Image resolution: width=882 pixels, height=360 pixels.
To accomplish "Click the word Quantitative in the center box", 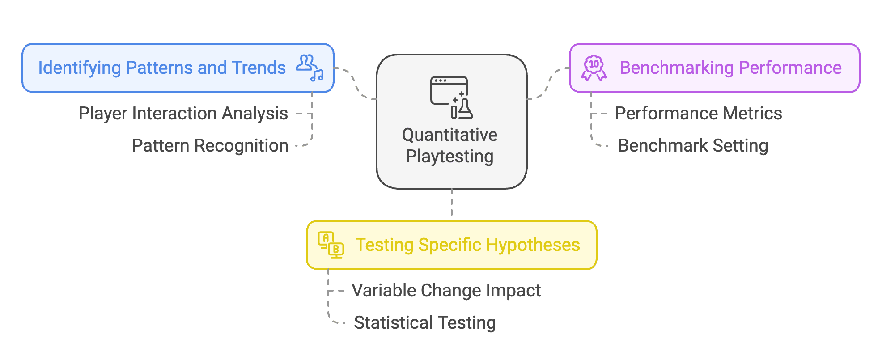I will (x=449, y=135).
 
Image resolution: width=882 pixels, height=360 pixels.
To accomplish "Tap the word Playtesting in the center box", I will (x=449, y=157).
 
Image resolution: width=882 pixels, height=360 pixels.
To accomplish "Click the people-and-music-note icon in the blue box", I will (x=310, y=68).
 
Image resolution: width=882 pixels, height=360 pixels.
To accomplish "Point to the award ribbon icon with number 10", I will (x=594, y=68).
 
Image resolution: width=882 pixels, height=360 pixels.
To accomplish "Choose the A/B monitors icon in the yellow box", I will (x=331, y=245).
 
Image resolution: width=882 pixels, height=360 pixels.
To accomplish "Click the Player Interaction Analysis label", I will (x=183, y=114).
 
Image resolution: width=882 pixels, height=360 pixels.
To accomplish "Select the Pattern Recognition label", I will (x=210, y=146).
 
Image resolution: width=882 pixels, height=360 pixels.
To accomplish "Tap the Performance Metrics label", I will (x=698, y=114).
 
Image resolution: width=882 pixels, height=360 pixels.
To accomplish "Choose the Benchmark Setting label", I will (x=693, y=146).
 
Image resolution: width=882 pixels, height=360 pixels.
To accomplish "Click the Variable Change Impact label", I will (x=446, y=291).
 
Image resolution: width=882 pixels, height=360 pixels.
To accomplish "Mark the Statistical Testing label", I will (x=424, y=323).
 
